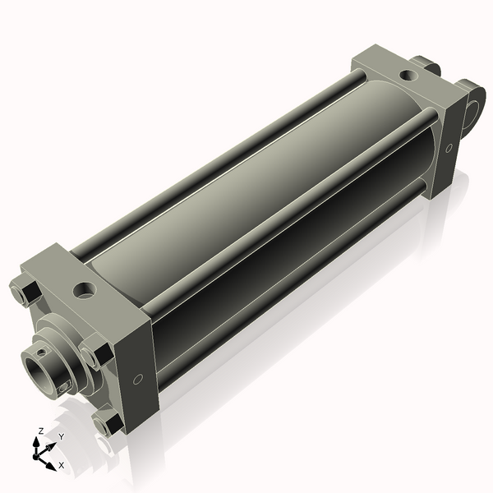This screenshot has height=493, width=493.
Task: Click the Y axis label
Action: pyautogui.click(x=62, y=437)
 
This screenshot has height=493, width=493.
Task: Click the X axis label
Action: pyautogui.click(x=62, y=465)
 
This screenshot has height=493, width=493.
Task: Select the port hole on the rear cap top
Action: pyautogui.click(x=408, y=76)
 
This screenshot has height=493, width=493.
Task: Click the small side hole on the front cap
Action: pyautogui.click(x=137, y=378)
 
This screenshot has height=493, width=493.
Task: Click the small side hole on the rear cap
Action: pyautogui.click(x=449, y=148)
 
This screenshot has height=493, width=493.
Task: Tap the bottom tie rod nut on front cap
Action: pyautogui.click(x=106, y=426)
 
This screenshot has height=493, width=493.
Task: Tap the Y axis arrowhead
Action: pyautogui.click(x=53, y=445)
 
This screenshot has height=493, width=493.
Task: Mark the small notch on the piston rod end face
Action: pyautogui.click(x=62, y=385)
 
